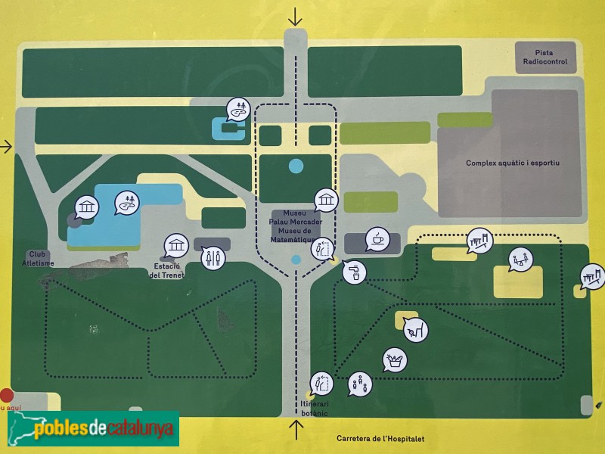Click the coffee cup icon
[x=377, y=239]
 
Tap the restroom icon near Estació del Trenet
[x=213, y=257]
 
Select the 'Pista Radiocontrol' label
[x=545, y=57]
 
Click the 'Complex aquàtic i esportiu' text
[x=512, y=163]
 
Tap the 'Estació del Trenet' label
[x=168, y=271]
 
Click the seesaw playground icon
[x=520, y=260]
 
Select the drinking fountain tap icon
[x=354, y=272]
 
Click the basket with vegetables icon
[x=394, y=359]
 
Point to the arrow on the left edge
[x=6, y=146]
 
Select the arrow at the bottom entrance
[x=296, y=430]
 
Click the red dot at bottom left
[x=7, y=394]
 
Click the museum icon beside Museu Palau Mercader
[x=326, y=201]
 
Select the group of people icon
[x=360, y=384]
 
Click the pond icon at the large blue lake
[x=127, y=203]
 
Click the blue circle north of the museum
[x=296, y=166]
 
